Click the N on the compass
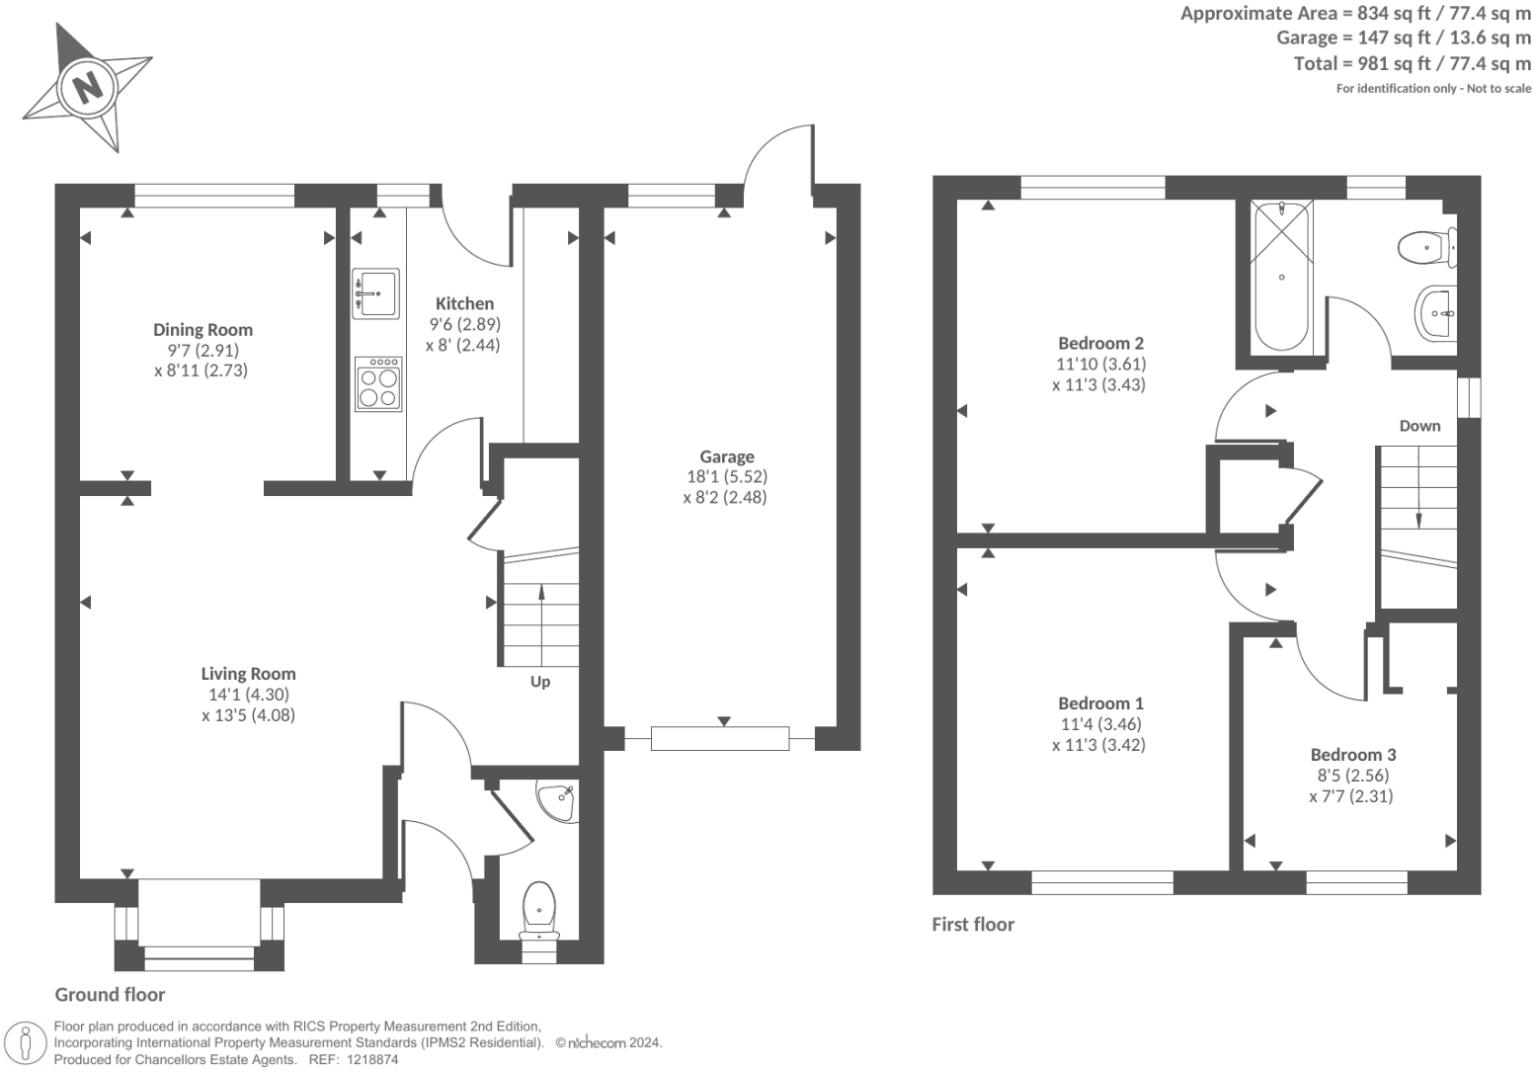coord(88,88)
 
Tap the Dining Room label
coord(202,329)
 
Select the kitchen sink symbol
coord(375,293)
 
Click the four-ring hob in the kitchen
coord(378,383)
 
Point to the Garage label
coord(727,456)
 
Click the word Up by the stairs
coord(539,683)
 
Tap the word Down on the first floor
coord(1419,426)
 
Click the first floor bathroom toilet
coord(1426,247)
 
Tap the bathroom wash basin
coord(1435,313)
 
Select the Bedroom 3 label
coord(1353,755)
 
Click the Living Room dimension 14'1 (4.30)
coord(249,695)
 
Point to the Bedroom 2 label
coord(1100,343)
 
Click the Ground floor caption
coord(110,995)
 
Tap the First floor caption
coord(972,925)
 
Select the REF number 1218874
coord(372,1060)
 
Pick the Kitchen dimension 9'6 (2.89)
coord(465,324)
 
